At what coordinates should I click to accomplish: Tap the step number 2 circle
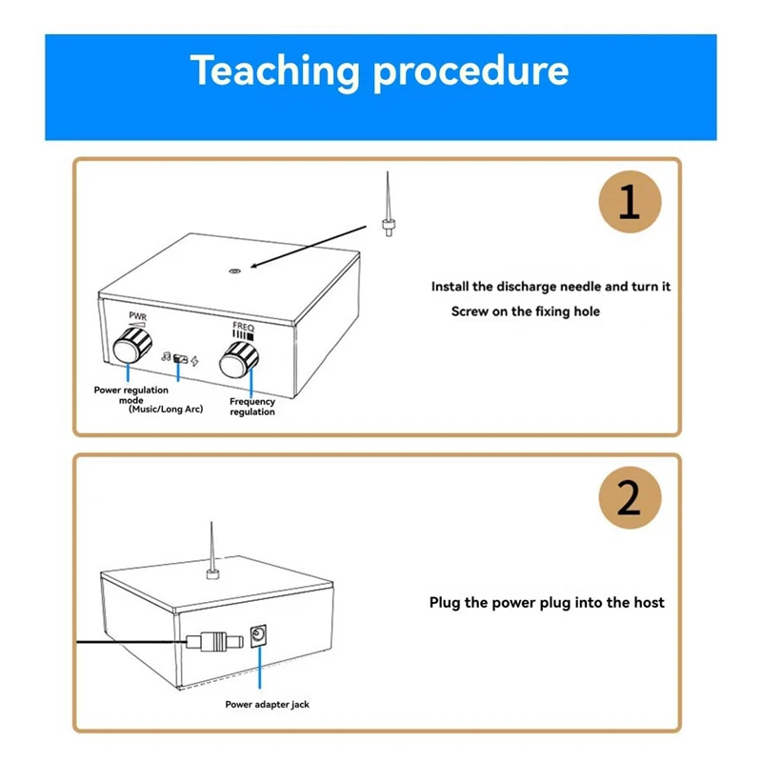(630, 497)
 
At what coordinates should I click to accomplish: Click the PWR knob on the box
(128, 349)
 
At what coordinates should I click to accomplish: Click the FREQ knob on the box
(240, 360)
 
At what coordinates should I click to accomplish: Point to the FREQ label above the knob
(244, 326)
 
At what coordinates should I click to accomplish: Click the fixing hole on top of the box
(233, 271)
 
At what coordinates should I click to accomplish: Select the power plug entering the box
(211, 640)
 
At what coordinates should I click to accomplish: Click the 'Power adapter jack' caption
(267, 705)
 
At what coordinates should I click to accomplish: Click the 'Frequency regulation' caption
(252, 407)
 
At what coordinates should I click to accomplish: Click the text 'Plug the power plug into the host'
(547, 602)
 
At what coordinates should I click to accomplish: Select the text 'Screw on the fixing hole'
(525, 311)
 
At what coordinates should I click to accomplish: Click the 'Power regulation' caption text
(130, 390)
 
